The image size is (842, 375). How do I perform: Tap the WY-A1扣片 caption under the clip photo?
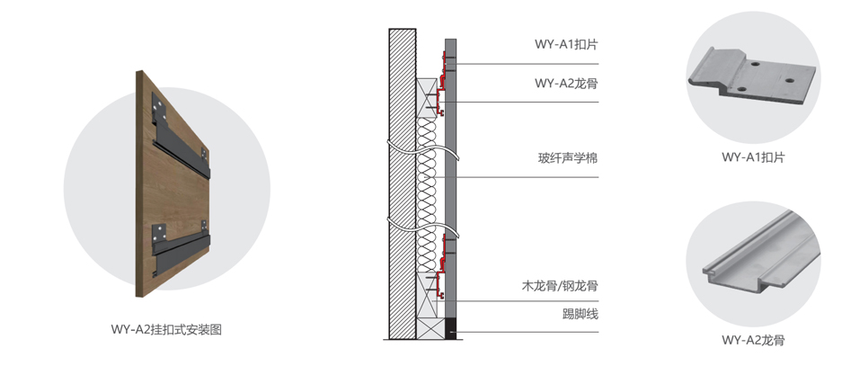click(753, 156)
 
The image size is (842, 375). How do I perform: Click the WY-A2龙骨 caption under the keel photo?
click(753, 340)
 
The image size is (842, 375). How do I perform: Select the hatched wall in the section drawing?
click(402, 180)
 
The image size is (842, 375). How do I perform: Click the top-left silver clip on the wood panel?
click(160, 107)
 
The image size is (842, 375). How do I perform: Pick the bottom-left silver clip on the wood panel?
click(160, 232)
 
